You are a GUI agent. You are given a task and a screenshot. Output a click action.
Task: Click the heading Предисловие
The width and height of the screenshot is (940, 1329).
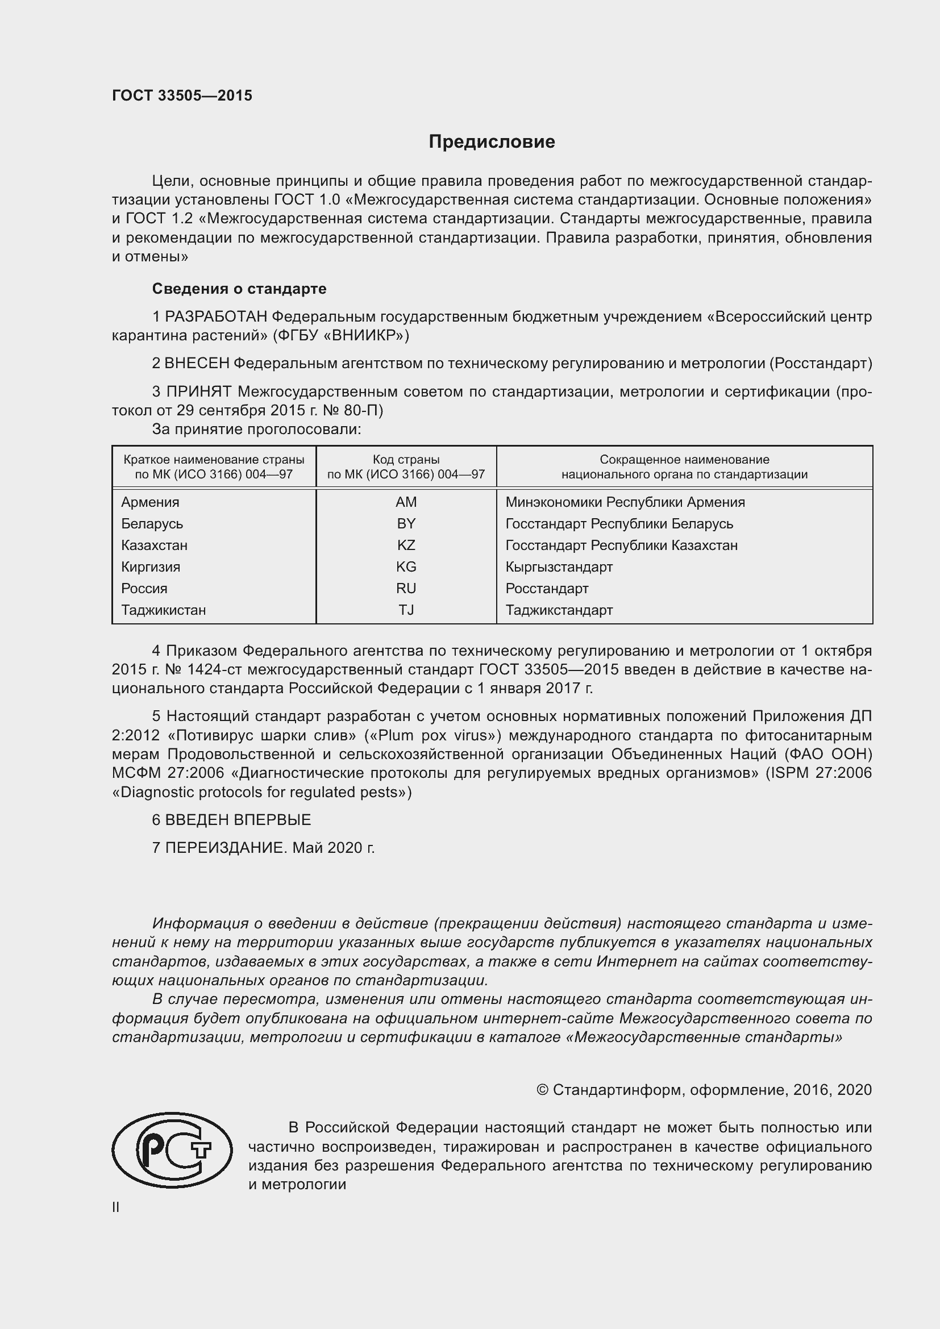click(492, 142)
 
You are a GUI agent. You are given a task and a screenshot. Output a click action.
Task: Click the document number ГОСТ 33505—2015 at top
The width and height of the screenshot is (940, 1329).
click(182, 96)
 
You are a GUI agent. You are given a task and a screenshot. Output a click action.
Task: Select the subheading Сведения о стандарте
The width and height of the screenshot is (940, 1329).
click(239, 289)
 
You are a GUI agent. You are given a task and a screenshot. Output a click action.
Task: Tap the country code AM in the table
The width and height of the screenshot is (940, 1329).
click(406, 502)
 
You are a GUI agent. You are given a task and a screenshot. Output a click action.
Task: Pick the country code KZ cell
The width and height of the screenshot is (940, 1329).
click(406, 545)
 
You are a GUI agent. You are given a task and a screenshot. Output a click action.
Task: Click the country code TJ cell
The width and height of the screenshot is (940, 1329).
click(406, 610)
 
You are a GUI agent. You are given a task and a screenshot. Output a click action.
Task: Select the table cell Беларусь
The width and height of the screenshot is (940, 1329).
click(152, 524)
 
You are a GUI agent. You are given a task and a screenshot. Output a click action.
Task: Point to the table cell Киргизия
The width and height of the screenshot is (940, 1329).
click(151, 567)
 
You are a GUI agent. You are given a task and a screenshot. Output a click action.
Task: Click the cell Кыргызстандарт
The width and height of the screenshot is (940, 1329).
click(559, 567)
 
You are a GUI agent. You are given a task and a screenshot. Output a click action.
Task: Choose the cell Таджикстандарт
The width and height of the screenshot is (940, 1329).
click(559, 610)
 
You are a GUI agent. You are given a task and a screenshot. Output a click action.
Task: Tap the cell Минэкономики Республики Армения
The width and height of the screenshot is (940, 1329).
click(625, 502)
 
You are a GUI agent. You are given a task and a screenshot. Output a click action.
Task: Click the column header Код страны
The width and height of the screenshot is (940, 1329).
click(406, 460)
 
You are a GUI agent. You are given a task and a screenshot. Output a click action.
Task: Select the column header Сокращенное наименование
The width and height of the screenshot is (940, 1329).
click(684, 460)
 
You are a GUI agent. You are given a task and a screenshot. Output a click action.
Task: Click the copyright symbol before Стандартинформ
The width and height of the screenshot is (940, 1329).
click(542, 1090)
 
